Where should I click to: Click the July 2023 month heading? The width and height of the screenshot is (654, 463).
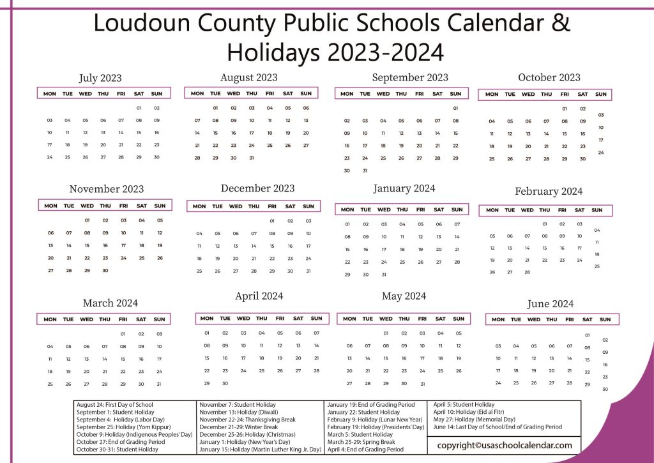pos(100,78)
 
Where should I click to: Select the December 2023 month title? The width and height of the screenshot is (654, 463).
pos(257,188)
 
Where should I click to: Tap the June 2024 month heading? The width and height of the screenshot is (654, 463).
pos(550,303)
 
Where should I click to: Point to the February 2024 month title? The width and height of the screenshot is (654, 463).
pos(548,191)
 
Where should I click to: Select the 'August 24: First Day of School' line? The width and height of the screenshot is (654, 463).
pos(115,404)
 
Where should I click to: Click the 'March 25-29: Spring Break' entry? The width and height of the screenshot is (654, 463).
pos(361,442)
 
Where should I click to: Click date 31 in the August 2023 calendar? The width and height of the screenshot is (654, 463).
pos(252,158)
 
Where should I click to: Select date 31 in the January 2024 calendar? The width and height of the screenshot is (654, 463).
pos(384,275)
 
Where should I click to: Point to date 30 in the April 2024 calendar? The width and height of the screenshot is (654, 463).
pos(225,383)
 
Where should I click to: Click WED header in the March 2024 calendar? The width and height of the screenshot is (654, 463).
pos(86,319)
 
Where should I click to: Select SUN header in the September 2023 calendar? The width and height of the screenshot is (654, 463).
pos(455,94)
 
